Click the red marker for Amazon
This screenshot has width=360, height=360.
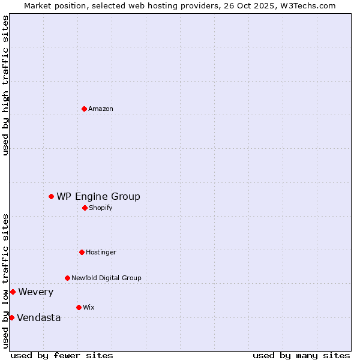[84, 109]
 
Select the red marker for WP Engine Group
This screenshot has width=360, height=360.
[51, 196]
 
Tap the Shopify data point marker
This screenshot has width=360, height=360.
[85, 208]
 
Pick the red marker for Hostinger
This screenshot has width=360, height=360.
[82, 252]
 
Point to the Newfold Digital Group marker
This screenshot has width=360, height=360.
[67, 278]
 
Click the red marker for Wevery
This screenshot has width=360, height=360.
[13, 292]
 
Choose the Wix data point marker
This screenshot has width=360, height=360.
[79, 307]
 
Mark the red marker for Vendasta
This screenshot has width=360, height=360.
[11, 317]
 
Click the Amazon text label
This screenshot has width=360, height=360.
[101, 109]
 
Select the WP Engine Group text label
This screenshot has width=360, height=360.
[98, 196]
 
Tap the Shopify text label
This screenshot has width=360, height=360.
[101, 208]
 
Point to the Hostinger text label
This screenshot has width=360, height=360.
[101, 252]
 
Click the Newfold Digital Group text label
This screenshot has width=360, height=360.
[106, 278]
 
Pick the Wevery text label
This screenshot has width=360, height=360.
[35, 292]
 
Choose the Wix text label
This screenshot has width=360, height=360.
[88, 307]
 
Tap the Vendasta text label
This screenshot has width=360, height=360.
[38, 317]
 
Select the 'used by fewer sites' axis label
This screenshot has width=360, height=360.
[62, 355]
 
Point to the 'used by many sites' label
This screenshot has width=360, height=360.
[301, 355]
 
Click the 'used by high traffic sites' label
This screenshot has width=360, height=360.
[5, 85]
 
